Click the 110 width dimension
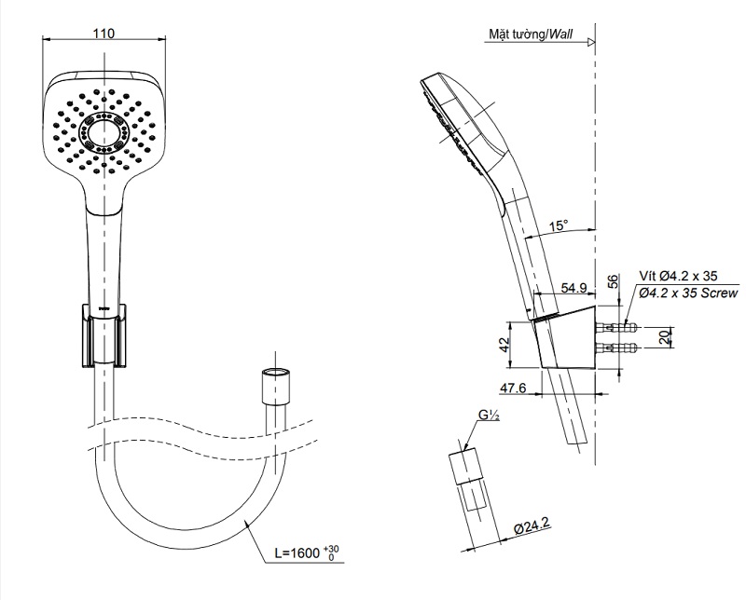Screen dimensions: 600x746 point(104,34)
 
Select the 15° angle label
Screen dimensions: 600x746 point(559,225)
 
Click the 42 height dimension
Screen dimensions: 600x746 point(504,344)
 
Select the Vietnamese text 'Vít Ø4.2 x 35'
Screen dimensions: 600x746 point(679,277)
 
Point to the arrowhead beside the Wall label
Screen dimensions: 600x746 point(590,42)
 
